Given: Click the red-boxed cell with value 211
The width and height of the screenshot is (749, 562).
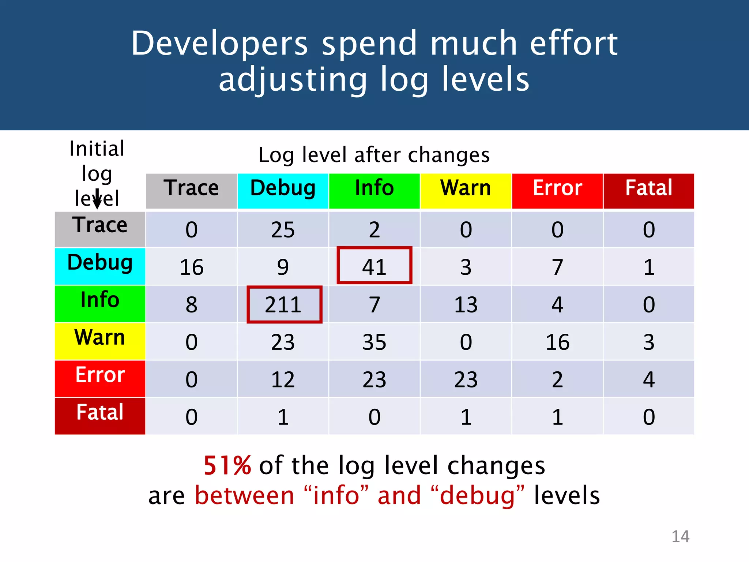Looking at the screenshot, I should pos(284,304).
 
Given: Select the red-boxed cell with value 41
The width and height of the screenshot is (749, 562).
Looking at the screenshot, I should pos(374,266).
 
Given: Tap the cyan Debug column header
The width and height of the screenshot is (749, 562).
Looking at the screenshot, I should pos(283,191).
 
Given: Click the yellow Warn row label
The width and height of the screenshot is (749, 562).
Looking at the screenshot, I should pos(100,341).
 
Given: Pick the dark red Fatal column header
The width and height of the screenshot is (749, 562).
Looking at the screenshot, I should pos(648,191).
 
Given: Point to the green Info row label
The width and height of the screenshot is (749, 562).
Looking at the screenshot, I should pos(100,303).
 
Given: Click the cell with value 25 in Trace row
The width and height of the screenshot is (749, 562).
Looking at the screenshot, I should pos(283,230).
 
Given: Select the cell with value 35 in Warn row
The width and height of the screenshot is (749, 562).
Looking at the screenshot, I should pos(374,342).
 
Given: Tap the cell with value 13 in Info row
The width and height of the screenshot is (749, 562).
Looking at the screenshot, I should pos(466,304).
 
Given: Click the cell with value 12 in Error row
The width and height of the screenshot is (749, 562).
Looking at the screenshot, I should pos(283,379).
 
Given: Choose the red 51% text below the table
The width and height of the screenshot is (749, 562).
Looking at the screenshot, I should pos(227,466).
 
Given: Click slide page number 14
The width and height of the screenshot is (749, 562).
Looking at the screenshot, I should pos(680,536).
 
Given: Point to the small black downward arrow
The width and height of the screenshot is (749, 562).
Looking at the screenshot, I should pos(97,200).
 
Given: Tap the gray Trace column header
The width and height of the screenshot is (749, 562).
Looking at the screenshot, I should pos(191,191).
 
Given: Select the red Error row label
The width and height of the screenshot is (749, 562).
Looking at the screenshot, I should pos(100,378).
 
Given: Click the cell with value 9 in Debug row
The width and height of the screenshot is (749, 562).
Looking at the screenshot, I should pos(283,267).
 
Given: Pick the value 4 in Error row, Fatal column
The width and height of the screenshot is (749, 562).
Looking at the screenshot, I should pos(648,379).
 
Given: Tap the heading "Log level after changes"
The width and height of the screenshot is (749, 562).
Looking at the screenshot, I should pos(374,155).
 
